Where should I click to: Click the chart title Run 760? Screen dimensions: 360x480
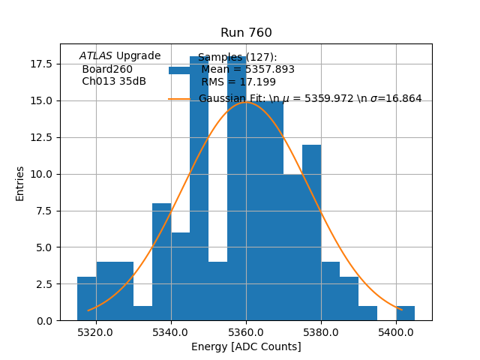point(246,33)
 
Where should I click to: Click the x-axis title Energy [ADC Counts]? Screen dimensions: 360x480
point(246,346)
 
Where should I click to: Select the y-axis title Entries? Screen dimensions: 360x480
point(20,183)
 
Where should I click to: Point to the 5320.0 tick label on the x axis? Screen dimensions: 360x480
point(95,332)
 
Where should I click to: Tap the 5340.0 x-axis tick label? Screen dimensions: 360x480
point(171,332)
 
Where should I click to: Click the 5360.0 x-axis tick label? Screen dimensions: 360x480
point(246,332)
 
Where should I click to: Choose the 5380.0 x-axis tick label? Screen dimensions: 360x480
point(321,332)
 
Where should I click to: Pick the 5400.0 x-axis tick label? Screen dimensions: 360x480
point(396,332)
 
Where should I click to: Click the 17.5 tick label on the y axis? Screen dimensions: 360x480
point(41,64)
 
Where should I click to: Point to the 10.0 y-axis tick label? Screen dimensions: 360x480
point(41,174)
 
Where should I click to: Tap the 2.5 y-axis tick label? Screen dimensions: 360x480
point(44,284)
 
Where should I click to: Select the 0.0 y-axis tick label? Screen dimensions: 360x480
point(44,321)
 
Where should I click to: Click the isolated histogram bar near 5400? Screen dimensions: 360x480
point(405,313)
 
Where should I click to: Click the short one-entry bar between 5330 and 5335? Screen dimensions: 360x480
point(142,313)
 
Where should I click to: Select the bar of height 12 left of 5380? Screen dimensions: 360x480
point(311,232)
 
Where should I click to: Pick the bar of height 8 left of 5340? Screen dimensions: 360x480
point(161,262)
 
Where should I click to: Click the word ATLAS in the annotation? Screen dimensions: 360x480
point(96,56)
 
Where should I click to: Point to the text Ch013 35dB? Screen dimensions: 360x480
point(114,82)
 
